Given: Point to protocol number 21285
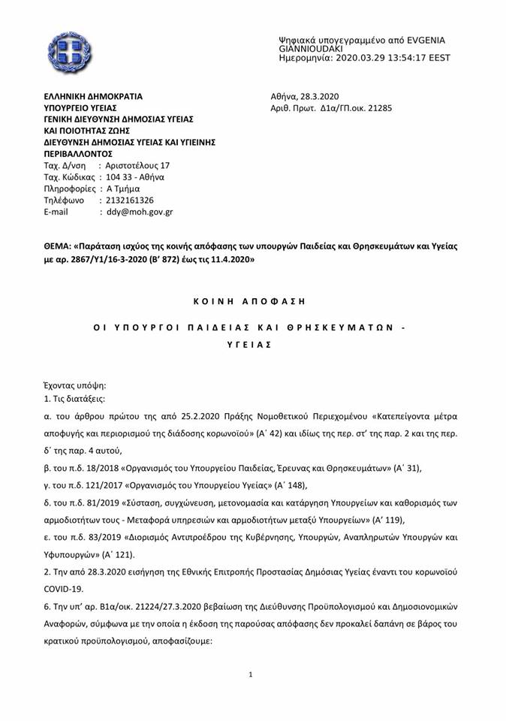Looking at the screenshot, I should [378, 108].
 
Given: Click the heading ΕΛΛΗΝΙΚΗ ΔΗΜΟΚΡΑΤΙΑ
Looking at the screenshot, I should [93, 96].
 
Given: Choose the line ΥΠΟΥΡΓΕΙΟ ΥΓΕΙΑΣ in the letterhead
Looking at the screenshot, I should [80, 108].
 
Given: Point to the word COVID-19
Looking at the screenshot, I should [62, 589].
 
